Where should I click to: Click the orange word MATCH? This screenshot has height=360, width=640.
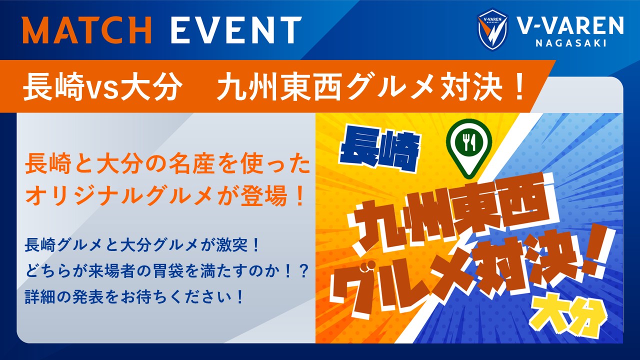pos(87,29)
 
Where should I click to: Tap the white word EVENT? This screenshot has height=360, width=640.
pos(236,29)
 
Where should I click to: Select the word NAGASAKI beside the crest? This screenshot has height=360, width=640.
pos(571,43)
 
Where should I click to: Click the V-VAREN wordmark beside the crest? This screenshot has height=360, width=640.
pos(570,25)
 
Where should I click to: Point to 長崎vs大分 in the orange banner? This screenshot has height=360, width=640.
pos(103,87)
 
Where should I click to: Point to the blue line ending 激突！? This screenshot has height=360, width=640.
pos(142,245)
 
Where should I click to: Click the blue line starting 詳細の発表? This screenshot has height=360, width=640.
pos(134,296)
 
